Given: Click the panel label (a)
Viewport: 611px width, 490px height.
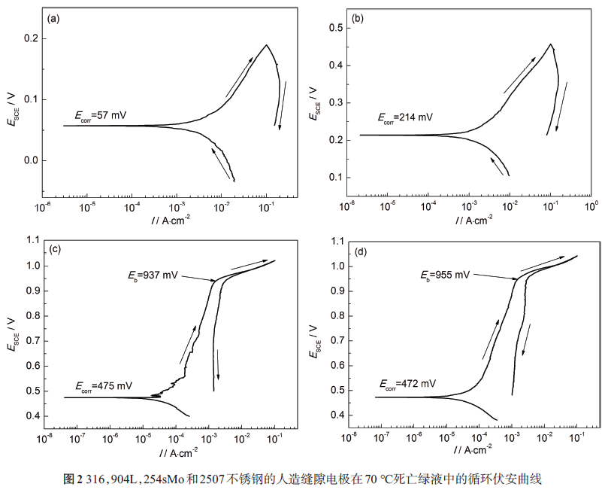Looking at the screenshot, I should (53, 19).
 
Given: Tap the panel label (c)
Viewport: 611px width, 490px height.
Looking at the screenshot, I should (55, 248).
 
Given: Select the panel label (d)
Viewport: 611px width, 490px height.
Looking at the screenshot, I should (360, 251).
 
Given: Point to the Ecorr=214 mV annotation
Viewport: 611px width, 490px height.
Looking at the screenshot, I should (405, 117).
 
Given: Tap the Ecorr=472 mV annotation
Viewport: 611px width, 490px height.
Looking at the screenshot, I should (407, 385).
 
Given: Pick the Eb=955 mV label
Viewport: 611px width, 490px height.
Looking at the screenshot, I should (444, 275).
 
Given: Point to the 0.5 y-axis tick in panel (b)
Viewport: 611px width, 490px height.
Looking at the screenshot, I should (335, 28).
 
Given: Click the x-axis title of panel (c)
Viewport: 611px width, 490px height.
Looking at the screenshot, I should (178, 453).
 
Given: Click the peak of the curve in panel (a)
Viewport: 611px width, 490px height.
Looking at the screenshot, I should (266, 45).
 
